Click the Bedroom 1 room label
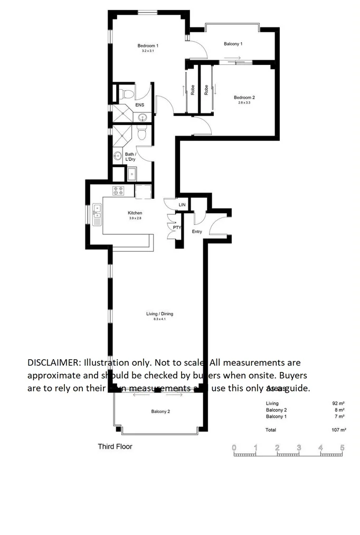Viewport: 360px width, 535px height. click(148, 46)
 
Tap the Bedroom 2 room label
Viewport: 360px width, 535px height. click(244, 98)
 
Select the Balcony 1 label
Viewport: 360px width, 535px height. click(233, 44)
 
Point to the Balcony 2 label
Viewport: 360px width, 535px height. click(160, 412)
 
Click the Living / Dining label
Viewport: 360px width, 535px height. click(159, 314)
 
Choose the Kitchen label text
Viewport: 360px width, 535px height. click(135, 213)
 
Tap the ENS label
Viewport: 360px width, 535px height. click(140, 106)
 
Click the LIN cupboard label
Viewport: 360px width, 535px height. click(182, 204)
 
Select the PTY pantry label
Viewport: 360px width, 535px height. click(177, 228)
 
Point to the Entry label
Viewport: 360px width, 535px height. click(197, 232)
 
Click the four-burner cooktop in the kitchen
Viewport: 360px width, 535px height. click(118, 191)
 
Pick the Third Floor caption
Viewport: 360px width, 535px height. click(115, 446)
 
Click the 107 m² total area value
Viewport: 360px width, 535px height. click(338, 430)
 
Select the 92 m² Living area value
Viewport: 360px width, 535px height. click(338, 404)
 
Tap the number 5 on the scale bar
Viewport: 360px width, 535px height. click(342, 448)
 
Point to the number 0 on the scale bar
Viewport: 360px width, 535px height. click(234, 448)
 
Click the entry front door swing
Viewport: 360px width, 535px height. click(217, 226)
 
